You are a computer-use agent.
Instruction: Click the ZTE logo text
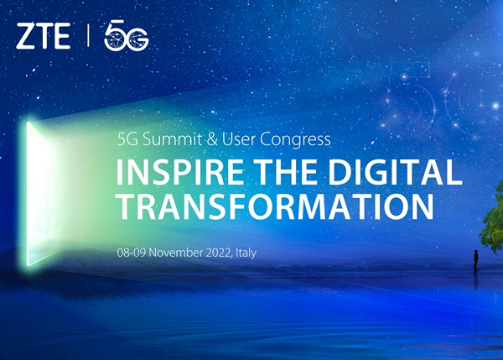[44, 36]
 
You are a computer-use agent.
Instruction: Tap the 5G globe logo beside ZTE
[127, 35]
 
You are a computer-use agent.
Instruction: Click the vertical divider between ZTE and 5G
[88, 36]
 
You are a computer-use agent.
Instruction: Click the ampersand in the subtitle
[212, 140]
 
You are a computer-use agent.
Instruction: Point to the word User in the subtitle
[239, 139]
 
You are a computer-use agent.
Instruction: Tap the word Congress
[295, 140]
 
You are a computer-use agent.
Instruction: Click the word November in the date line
[176, 253]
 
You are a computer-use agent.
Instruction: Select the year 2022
[219, 253]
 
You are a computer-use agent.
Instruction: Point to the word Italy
[246, 253]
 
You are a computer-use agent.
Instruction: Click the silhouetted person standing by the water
[475, 260]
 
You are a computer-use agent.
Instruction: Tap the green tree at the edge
[492, 218]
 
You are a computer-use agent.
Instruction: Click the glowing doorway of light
[39, 194]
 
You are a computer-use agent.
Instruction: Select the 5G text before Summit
[127, 139]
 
